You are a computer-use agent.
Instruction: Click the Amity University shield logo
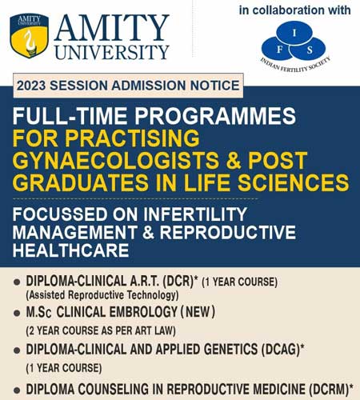tap(30, 35)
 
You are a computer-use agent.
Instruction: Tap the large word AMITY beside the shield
tap(111, 28)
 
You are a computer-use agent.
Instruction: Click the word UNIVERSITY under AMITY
tap(112, 52)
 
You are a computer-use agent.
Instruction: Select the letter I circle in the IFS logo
tap(294, 33)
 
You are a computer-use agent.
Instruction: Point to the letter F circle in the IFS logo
tap(278, 49)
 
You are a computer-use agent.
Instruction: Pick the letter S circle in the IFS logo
tap(309, 49)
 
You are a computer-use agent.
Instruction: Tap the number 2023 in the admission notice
tap(31, 86)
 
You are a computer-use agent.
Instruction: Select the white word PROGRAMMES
tap(215, 116)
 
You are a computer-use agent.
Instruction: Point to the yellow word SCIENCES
tap(294, 182)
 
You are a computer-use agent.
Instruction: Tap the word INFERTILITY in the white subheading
tap(195, 214)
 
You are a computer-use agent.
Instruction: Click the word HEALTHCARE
tap(71, 250)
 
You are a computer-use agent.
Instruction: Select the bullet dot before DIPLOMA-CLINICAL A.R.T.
tap(17, 282)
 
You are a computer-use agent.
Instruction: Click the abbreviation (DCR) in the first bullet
tap(178, 282)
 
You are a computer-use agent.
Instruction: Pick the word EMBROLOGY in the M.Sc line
tap(143, 312)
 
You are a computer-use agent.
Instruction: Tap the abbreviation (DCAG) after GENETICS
tap(281, 350)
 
